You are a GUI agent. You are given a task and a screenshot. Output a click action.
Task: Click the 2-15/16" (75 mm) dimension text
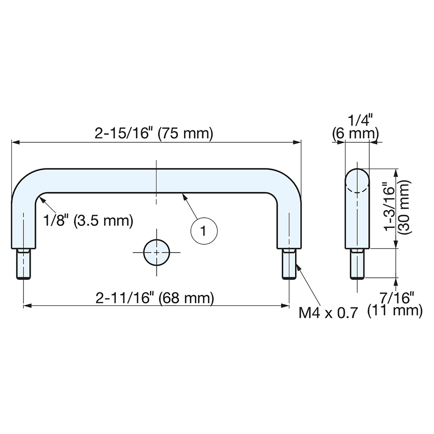(x=154, y=134)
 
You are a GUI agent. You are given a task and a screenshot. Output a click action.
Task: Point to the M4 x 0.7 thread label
(x=329, y=312)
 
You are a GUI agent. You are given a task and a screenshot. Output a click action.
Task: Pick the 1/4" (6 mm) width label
(x=355, y=127)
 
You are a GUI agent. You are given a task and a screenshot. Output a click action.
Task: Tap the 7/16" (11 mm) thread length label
(x=395, y=304)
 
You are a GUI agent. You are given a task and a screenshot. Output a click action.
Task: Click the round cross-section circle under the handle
(x=156, y=252)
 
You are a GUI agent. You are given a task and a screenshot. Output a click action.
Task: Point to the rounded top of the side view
(x=358, y=178)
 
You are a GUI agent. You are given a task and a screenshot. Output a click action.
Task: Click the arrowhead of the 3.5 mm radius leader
(x=40, y=199)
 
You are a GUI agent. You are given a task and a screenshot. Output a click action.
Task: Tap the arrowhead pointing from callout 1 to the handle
(x=184, y=196)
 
